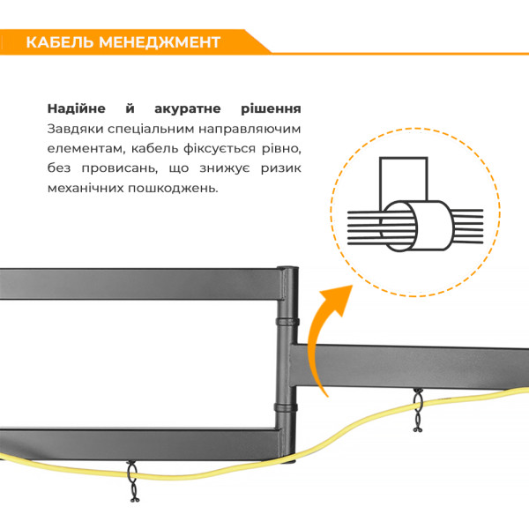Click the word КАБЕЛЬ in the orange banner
[x=60, y=42]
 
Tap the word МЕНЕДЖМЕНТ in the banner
[x=160, y=42]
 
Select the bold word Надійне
[x=76, y=108]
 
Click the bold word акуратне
[x=188, y=109]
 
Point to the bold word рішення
[x=271, y=109]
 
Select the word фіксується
[x=220, y=149]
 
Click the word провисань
[x=120, y=168]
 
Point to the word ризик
[x=281, y=168]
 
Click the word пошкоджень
[x=173, y=189]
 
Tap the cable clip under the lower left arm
[x=132, y=481]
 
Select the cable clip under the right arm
[x=418, y=410]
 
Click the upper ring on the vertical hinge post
[x=287, y=321]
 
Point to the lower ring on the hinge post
[x=286, y=406]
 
